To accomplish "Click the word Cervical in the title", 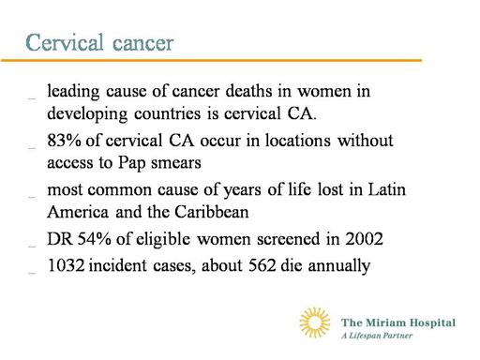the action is tap(65, 42).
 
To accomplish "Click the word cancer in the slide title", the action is tap(143, 44).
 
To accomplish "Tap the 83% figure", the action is tap(64, 141).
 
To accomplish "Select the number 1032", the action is tap(66, 265).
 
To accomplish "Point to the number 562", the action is tap(262, 265).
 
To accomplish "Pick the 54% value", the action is tap(94, 239).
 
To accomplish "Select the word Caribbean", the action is tap(212, 212).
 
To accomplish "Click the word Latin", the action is tap(386, 189).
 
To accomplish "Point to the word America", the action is tap(78, 212).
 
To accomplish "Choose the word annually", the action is tap(339, 266).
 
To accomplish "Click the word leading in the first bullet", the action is tap(73, 92).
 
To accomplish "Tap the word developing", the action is tap(87, 114).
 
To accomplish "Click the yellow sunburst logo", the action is tap(315, 322).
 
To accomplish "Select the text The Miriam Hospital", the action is tap(398, 322).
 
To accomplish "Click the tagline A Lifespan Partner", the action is tap(377, 336).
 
